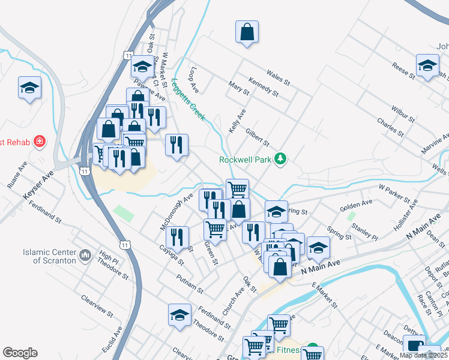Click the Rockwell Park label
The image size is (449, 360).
click(245, 160)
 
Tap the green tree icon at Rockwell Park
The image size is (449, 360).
click(280, 159)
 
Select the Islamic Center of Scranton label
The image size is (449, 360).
click(50, 256)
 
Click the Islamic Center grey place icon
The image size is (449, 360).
click(84, 256)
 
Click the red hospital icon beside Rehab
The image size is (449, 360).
click(40, 142)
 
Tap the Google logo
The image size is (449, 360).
click(20, 353)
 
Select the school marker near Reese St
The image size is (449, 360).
click(427, 66)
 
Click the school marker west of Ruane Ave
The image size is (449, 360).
click(29, 88)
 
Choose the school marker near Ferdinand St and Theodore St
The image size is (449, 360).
click(179, 315)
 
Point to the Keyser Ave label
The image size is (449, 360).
click(38, 185)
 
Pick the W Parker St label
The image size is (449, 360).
click(394, 193)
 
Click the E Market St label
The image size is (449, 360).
click(325, 296)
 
